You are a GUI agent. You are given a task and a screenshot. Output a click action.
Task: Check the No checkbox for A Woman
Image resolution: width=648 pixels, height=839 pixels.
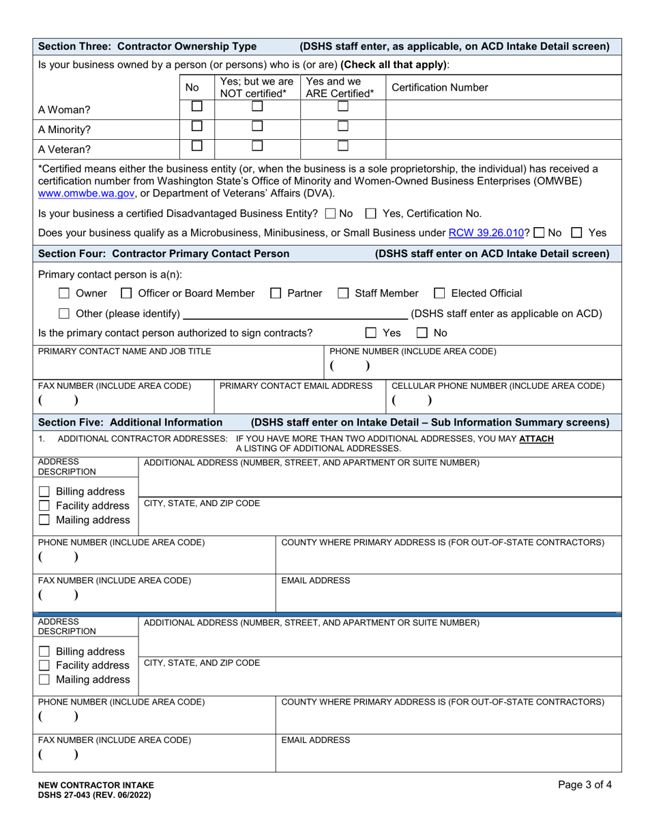(196, 107)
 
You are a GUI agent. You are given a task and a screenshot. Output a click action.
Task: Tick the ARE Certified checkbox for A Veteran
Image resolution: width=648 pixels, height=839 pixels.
(343, 145)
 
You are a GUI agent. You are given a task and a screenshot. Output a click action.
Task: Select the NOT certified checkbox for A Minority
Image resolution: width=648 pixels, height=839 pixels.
(256, 126)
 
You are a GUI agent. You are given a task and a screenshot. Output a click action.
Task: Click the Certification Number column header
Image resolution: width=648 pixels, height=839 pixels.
(440, 87)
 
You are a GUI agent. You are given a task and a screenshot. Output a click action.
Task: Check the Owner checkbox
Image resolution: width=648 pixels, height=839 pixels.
(64, 294)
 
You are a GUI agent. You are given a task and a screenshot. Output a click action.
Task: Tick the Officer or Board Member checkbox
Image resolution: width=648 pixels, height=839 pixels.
(126, 294)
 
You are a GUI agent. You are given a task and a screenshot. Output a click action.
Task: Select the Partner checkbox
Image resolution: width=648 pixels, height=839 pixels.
(276, 294)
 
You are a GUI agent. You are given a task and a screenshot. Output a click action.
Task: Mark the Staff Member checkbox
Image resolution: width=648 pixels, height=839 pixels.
(343, 294)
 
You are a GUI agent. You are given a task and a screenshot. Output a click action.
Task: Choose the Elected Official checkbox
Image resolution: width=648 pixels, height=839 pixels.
(439, 294)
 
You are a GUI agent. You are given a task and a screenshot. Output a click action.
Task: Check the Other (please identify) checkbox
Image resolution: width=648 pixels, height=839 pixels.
(64, 314)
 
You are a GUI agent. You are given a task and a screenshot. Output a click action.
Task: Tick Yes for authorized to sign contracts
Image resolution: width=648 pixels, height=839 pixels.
(371, 334)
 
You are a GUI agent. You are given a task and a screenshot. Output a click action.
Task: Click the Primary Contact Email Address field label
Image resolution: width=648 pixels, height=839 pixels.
(296, 386)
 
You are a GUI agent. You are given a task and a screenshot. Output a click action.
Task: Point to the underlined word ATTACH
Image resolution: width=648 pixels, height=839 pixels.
(536, 439)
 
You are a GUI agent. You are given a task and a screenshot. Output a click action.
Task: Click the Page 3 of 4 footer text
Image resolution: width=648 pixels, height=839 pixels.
(585, 785)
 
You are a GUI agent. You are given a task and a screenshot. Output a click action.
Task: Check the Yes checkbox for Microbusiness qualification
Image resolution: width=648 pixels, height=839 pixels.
(576, 233)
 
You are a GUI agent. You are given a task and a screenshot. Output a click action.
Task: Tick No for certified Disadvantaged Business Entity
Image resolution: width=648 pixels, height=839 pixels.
(331, 214)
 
